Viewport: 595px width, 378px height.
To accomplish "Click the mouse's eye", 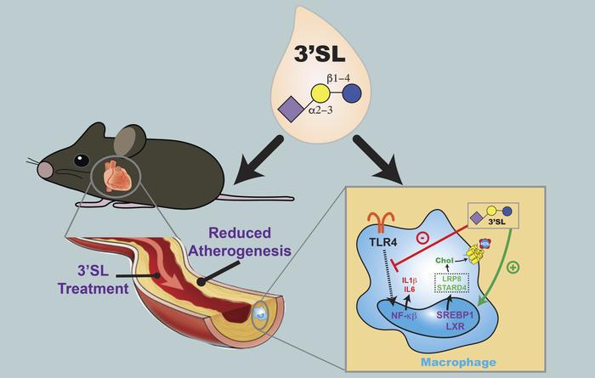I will pyautogui.click(x=81, y=159).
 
